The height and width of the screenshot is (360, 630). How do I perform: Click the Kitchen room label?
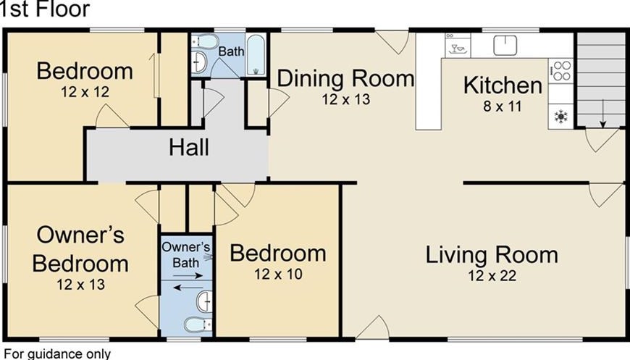point(503,85)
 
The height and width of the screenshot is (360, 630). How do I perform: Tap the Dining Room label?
point(345,78)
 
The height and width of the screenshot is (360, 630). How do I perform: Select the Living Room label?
point(492,255)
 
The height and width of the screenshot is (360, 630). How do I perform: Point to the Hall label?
point(189,147)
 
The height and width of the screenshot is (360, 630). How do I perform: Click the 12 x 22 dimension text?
point(492,276)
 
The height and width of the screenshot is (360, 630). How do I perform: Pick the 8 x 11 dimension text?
point(503,106)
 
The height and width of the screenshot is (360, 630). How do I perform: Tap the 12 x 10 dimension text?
point(278,275)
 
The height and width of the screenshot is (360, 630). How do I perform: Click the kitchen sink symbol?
point(505,45)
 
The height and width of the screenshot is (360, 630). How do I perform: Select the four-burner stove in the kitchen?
point(560,71)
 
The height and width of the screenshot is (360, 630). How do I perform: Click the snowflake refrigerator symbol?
point(560,117)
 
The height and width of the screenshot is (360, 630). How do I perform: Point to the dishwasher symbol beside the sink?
point(458,46)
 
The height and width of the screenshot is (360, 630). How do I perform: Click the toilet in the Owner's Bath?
point(198,324)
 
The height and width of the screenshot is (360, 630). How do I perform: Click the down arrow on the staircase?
point(602,114)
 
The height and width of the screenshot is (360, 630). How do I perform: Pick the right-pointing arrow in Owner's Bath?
point(188,276)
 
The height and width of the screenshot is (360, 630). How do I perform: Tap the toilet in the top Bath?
point(205,41)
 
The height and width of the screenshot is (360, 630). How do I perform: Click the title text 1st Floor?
point(44,9)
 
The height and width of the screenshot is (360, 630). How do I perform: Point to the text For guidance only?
point(57,354)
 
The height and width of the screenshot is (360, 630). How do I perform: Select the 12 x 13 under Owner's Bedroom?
point(81,285)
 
